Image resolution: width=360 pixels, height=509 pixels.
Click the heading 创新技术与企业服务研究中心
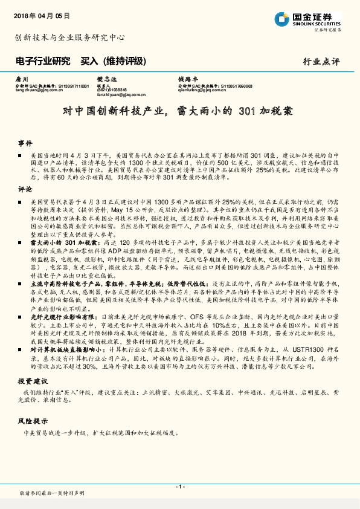(69, 37)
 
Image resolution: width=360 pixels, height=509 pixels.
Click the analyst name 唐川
(21, 80)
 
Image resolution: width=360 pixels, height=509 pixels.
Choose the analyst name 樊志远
(105, 80)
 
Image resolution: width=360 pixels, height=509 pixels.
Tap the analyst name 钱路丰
(187, 80)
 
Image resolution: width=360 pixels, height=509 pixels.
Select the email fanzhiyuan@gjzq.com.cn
(121, 95)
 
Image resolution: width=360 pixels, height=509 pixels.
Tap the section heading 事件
(25, 143)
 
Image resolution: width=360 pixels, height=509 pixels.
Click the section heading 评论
(25, 189)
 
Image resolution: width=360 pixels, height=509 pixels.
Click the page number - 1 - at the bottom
(179, 487)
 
